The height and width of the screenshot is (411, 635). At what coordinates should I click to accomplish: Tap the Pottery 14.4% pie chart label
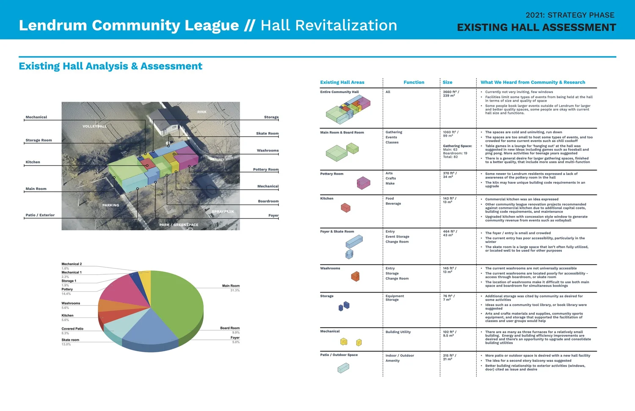click(67, 291)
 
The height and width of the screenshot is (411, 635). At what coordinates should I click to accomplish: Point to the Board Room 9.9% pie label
click(230, 330)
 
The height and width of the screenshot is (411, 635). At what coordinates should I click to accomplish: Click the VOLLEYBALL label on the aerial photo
click(94, 126)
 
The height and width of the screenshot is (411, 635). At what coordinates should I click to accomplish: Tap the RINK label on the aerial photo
click(202, 112)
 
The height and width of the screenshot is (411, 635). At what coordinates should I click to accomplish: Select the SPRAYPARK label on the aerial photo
click(223, 211)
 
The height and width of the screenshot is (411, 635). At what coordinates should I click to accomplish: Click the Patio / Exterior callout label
click(40, 215)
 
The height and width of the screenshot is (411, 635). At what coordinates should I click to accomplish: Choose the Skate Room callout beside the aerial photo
click(267, 133)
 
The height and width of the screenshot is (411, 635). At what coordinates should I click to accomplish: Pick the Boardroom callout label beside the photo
click(268, 201)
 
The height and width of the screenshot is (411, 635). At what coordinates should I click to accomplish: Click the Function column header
click(414, 82)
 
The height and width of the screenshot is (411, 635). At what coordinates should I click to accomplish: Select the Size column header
click(447, 82)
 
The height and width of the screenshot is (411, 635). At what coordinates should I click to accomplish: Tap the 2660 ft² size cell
click(451, 94)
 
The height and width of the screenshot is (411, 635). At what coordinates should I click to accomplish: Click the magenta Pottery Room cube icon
click(363, 183)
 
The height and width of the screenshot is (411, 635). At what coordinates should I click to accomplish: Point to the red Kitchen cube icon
click(346, 208)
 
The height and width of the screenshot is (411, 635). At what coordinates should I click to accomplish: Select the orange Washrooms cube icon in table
click(355, 276)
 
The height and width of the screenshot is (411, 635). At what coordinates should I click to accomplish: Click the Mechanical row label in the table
click(330, 331)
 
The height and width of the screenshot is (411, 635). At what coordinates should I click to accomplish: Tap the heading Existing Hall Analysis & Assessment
click(110, 66)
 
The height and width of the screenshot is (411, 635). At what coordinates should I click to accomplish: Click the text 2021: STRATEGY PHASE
click(570, 15)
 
